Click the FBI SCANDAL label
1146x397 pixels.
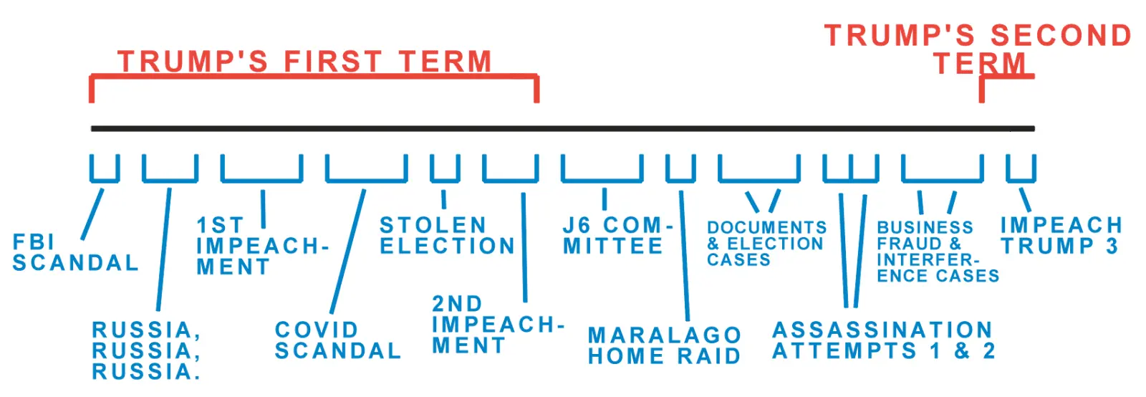[75, 253]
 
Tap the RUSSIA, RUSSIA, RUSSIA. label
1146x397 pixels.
[146, 351]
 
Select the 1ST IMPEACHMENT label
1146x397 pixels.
[262, 247]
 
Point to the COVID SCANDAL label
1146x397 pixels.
[337, 340]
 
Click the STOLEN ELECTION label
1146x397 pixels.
[447, 236]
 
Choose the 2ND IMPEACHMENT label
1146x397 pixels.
[497, 325]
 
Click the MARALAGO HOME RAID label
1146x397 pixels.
[664, 346]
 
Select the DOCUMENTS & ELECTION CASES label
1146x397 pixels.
[766, 244]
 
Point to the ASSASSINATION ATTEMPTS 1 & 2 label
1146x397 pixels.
[883, 340]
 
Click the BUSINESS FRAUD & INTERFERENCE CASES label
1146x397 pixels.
[937, 252]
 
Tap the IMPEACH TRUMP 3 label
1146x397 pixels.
[1061, 236]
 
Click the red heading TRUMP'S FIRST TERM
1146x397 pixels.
[305, 62]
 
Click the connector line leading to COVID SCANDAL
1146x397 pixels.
[348, 251]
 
